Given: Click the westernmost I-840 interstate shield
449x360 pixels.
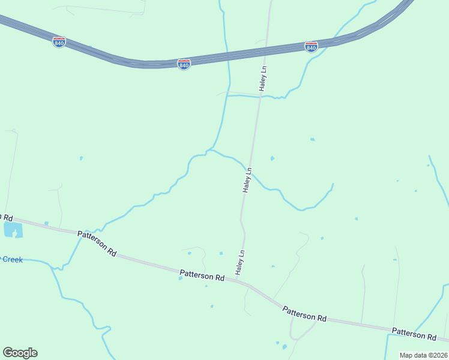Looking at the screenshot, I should point(59,43).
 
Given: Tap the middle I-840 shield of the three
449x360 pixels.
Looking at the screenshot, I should point(184,64).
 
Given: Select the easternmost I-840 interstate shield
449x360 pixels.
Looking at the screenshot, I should point(311,47).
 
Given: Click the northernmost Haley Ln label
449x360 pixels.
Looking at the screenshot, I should point(263,79).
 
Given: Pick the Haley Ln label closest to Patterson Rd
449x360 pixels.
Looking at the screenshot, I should point(241,263).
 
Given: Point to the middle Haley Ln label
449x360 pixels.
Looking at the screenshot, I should point(247,179).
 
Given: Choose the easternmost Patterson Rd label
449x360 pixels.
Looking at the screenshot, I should point(414,334).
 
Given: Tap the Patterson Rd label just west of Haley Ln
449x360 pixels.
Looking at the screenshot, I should point(202,277).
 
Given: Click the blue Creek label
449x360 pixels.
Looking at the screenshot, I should point(12,259).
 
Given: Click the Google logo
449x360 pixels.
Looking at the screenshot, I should point(20,352).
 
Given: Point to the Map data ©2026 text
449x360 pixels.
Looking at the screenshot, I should point(423,355).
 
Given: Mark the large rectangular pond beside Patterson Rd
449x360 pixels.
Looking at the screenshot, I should point(13,230).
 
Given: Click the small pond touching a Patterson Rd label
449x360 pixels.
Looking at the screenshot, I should point(181,278).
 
